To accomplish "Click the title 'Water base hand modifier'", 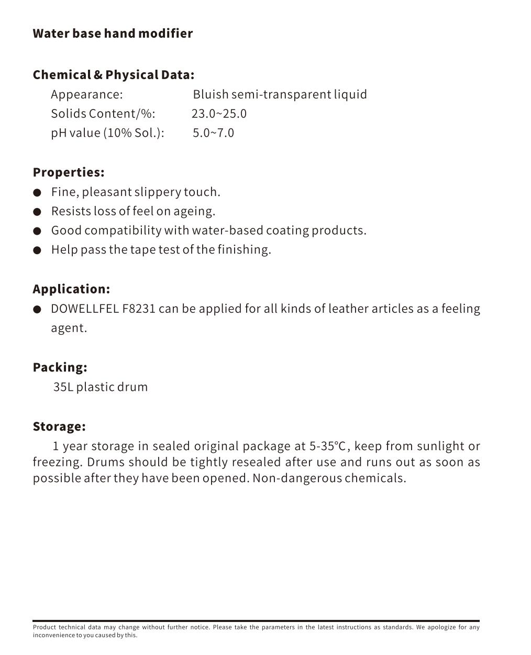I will click(113, 34).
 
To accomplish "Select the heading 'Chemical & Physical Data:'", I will click(113, 75).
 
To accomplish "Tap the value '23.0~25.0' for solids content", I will click(219, 114).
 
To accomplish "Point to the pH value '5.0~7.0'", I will click(213, 133).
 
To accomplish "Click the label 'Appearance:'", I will click(86, 94).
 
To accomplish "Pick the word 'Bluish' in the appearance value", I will click(211, 94).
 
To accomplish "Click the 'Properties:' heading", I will click(69, 172).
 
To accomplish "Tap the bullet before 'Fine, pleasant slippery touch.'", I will click(37, 193).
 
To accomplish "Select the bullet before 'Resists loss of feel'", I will click(37, 212).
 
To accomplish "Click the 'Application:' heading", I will click(71, 289).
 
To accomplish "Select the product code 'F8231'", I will click(139, 309).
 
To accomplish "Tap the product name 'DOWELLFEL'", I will click(84, 309).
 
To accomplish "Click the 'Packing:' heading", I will click(60, 367).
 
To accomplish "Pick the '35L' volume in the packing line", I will click(63, 387).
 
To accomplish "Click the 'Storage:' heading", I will click(59, 427).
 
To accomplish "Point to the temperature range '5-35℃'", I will click(328, 446).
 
